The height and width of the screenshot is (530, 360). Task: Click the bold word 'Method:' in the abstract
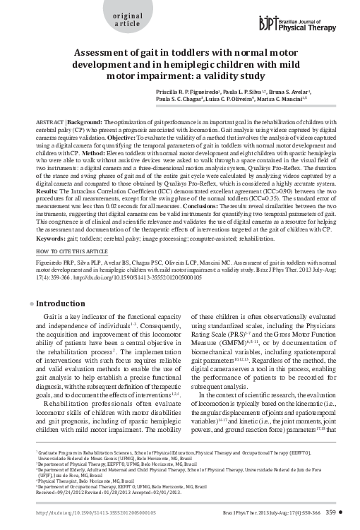(94, 154)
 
